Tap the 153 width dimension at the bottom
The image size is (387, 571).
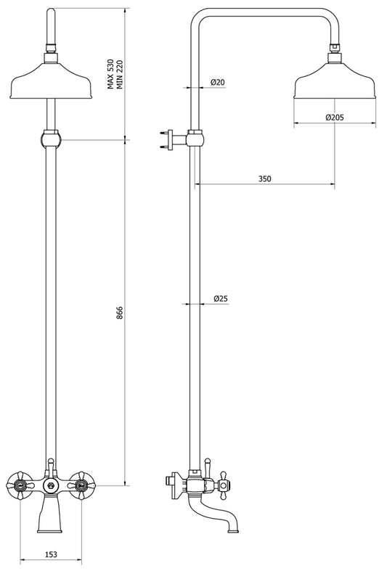coord(49,554)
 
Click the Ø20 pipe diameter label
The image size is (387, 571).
coord(217,83)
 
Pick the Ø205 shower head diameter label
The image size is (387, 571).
coord(335,117)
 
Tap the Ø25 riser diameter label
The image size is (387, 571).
coord(221,298)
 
